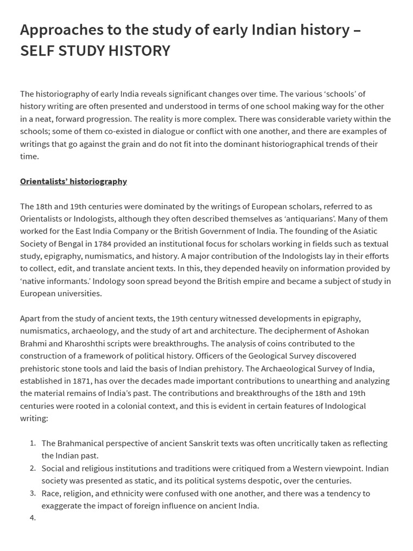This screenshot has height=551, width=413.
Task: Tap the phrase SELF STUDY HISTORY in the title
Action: pyautogui.click(x=95, y=51)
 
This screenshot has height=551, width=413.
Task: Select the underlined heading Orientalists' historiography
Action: pyautogui.click(x=74, y=181)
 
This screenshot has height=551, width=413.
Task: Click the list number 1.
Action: pyautogui.click(x=33, y=443)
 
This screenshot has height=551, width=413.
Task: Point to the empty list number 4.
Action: pyautogui.click(x=33, y=518)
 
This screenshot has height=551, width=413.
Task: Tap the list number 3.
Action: pyautogui.click(x=33, y=493)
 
